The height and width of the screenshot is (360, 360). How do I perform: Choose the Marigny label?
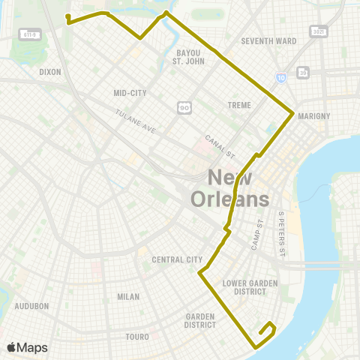pyautogui.click(x=314, y=116)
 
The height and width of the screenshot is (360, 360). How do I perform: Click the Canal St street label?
pyautogui.click(x=220, y=145)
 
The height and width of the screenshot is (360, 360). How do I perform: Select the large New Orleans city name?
pyautogui.click(x=230, y=188)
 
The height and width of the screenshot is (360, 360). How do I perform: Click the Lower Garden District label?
pyautogui.click(x=245, y=287)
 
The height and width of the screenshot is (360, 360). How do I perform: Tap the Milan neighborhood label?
pyautogui.click(x=128, y=296)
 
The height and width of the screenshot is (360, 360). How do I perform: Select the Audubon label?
pyautogui.click(x=31, y=306)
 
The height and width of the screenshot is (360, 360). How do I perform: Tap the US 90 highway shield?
pyautogui.click(x=184, y=109)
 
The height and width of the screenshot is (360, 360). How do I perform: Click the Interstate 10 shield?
pyautogui.click(x=280, y=77)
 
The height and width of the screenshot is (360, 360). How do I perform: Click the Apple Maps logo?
pyautogui.click(x=28, y=347)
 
